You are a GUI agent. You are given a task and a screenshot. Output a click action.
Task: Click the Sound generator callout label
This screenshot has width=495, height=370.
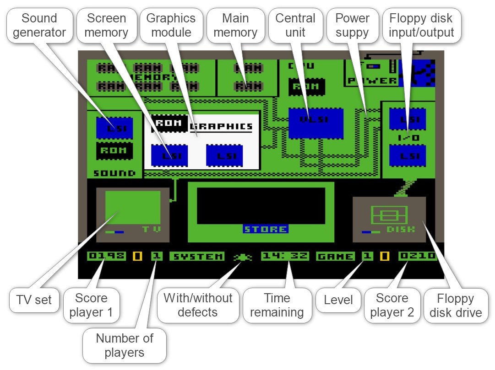tap(39, 26)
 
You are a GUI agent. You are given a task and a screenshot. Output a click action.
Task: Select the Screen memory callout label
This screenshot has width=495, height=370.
tap(107, 26)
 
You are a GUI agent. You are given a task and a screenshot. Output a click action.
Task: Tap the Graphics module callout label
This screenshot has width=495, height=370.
tap(171, 26)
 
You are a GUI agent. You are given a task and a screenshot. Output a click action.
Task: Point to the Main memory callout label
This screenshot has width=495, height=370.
tap(235, 26)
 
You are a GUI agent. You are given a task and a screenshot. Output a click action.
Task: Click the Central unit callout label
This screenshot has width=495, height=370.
tap(295, 26)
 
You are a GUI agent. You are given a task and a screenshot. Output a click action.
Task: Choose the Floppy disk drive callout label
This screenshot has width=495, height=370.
tap(456, 306)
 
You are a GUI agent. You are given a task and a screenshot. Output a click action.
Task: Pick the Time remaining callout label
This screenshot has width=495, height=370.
tap(277, 306)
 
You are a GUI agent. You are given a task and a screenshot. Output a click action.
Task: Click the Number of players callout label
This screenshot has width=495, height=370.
tap(124, 346)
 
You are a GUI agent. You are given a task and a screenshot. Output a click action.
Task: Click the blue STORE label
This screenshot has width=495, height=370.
tap(266, 229)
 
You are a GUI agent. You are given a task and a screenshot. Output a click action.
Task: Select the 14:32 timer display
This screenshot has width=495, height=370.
tap(285, 256)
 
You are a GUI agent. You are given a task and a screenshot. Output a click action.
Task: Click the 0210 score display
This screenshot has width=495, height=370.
tap(417, 256)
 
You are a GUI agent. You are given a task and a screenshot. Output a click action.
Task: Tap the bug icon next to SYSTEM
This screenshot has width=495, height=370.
tap(242, 257)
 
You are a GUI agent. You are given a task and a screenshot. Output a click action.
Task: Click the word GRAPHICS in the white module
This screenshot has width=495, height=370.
tap(221, 126)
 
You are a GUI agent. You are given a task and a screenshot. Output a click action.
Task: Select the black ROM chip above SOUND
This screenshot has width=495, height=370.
tap(114, 151)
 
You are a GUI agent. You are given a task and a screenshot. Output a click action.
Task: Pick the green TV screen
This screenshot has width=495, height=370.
tap(133, 207)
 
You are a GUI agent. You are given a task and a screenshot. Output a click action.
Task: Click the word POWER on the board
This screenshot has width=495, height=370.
tap(372, 80)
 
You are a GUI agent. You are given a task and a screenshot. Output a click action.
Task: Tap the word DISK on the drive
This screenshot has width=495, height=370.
tap(400, 229)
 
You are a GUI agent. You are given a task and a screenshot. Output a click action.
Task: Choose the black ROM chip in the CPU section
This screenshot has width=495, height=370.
tap(306, 86)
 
